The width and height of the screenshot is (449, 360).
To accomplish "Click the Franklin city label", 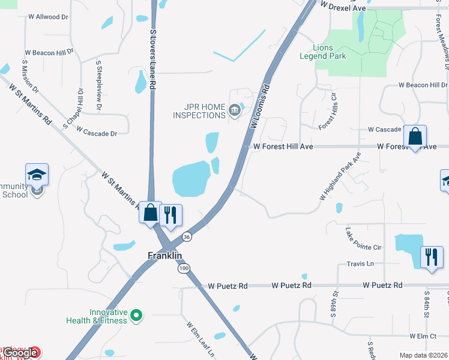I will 165,256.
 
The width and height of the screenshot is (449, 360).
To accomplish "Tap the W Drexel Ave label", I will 343,7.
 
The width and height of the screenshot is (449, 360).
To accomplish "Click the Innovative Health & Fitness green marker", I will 136,314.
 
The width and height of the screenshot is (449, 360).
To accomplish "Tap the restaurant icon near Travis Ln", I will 431,257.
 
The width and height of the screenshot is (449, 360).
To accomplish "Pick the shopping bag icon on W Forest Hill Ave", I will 415,136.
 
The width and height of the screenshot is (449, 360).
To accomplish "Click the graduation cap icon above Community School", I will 37,175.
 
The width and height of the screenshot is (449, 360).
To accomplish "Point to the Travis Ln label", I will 360,264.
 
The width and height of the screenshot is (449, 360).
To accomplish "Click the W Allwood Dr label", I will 47,17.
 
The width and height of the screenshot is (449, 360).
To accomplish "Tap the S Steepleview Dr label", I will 98,86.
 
